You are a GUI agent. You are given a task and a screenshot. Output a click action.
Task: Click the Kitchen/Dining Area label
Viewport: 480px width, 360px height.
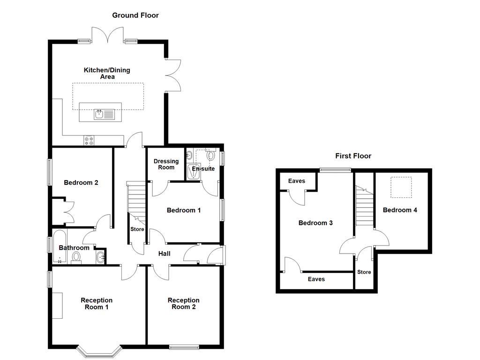(107, 74)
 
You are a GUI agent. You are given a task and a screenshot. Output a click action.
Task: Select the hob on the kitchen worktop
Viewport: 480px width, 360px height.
(89, 139)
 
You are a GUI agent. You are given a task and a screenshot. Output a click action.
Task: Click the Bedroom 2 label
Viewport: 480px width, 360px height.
(81, 183)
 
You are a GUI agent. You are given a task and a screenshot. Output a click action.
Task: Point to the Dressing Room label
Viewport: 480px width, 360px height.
(166, 165)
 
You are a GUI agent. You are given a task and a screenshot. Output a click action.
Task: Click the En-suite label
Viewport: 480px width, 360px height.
(203, 169)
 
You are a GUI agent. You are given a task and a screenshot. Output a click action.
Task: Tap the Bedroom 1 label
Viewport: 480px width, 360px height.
(184, 210)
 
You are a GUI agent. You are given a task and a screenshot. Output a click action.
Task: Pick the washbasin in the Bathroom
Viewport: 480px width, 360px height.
(100, 257)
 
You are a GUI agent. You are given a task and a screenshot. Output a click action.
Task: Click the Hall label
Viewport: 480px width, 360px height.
(164, 254)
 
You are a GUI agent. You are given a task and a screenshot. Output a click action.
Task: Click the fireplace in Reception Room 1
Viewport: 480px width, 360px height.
(57, 305)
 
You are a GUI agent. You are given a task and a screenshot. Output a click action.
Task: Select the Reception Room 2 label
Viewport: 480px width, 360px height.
(184, 304)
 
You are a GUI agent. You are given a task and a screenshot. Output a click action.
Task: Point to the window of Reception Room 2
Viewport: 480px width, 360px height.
(184, 347)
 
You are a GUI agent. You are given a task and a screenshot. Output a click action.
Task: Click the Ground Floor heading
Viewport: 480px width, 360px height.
(135, 15)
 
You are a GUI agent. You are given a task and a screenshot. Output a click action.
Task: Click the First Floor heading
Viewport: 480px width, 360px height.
(353, 156)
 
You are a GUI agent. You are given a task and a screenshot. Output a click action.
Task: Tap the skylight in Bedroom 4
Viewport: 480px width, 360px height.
(401, 184)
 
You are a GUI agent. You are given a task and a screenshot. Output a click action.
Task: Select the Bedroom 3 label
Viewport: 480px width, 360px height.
(315, 223)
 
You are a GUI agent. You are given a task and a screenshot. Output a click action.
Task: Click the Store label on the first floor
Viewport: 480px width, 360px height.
(364, 272)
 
